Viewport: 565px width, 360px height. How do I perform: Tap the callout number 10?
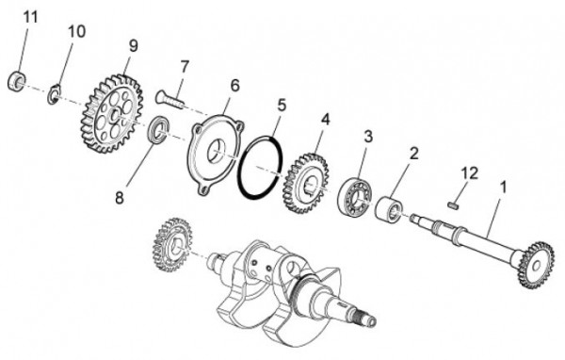[x=75, y=31]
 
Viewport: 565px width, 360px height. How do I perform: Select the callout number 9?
[x=133, y=44]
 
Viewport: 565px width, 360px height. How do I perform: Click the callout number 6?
[x=234, y=85]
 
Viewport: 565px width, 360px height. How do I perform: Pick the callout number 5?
[x=281, y=103]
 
